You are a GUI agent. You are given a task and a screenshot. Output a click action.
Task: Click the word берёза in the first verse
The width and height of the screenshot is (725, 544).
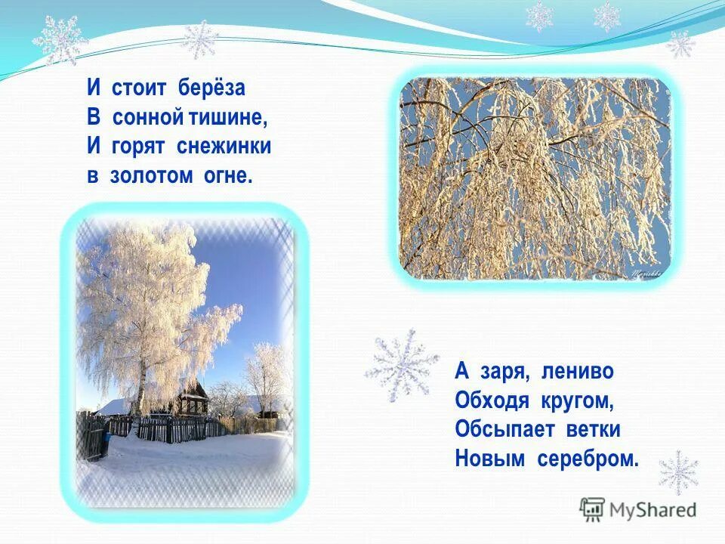pyautogui.click(x=212, y=88)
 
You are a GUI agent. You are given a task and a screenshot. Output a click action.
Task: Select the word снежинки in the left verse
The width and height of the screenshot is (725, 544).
pyautogui.click(x=230, y=147)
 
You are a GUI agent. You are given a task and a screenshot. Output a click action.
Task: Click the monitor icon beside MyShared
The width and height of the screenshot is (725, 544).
pyautogui.click(x=592, y=509)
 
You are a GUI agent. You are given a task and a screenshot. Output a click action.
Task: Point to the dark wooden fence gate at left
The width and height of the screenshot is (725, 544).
pyautogui.click(x=93, y=438)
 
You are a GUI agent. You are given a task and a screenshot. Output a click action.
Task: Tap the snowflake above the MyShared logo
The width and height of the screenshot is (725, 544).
pyautogui.click(x=678, y=472)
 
